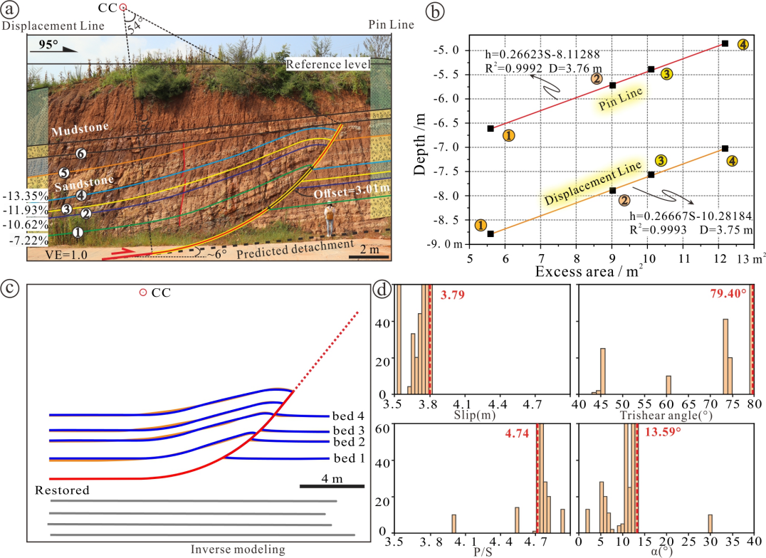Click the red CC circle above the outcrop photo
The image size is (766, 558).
pos(122,7)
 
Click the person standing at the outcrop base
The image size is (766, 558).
pos(330,220)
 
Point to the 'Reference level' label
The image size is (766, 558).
pos(328,65)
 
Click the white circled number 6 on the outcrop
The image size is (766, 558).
pos(82,154)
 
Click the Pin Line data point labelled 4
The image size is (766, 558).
pos(725,43)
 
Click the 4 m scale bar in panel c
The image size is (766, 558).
pos(332,486)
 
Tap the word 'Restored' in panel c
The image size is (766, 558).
pos(62,490)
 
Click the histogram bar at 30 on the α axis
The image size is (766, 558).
pos(710,523)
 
